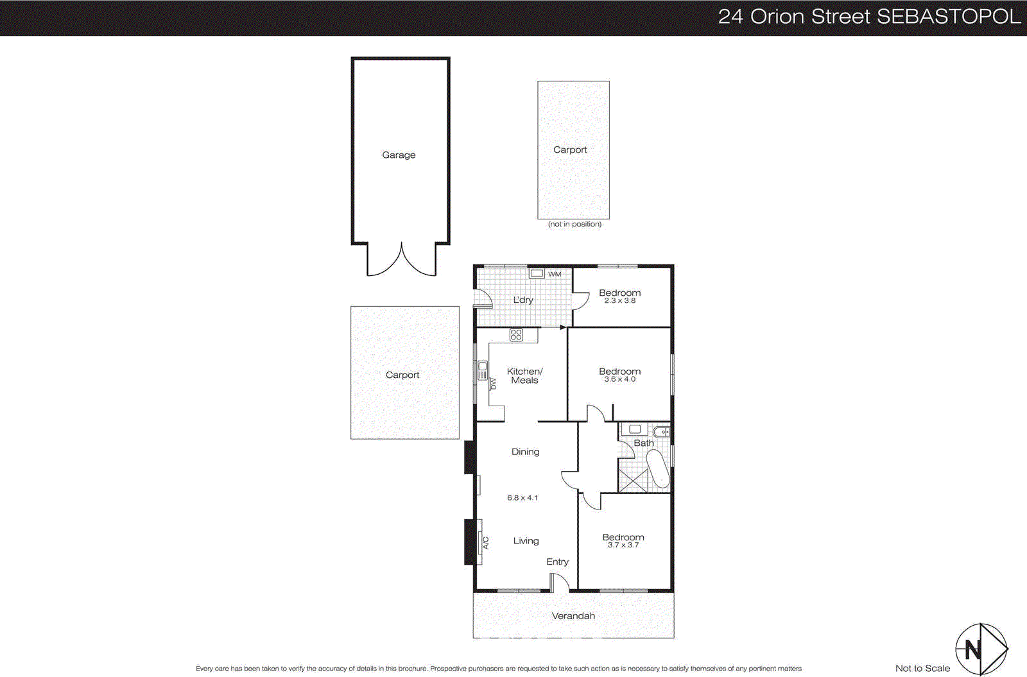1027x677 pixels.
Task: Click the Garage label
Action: point(399,155)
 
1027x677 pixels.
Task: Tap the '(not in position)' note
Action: point(574,224)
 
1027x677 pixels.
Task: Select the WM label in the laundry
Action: point(555,274)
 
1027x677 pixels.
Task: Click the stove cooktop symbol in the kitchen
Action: point(516,334)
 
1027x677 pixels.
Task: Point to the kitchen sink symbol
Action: point(483,370)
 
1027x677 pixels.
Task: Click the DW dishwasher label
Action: point(494,384)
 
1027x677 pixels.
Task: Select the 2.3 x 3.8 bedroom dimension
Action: point(619,300)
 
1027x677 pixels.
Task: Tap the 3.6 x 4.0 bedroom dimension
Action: point(619,379)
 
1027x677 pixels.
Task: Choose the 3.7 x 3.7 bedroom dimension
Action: point(623,545)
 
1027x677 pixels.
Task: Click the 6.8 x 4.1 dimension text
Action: point(522,497)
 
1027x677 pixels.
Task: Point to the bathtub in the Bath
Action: point(658,470)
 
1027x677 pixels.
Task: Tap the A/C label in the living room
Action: point(486,543)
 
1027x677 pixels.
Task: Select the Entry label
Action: point(557,561)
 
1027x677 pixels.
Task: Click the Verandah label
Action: point(573,615)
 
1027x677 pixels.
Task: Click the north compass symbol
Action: point(981,649)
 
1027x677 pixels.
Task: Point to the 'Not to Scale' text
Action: point(922,668)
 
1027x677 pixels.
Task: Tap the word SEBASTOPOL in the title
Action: point(948,17)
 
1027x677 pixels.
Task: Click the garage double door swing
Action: point(402,260)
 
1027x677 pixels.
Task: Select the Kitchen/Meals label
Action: point(524,375)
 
